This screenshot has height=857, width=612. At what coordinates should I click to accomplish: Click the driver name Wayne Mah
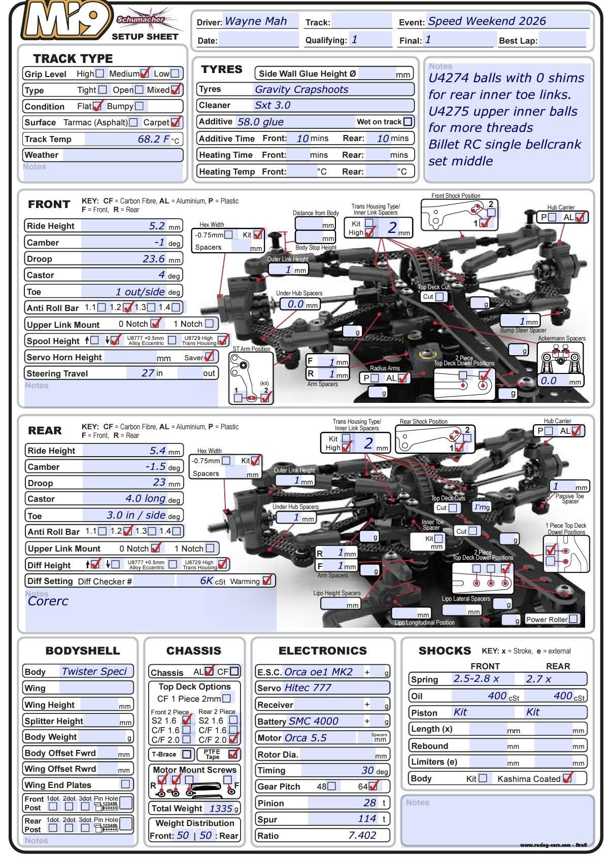tap(256, 21)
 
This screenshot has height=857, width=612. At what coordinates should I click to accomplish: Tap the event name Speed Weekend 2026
tap(487, 21)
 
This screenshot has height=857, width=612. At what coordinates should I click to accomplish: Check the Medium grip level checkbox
tap(145, 74)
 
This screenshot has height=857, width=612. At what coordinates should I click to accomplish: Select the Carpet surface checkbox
tap(176, 122)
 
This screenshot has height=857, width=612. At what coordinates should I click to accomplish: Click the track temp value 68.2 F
tap(154, 139)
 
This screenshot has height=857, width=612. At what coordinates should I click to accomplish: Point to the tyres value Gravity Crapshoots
tap(301, 89)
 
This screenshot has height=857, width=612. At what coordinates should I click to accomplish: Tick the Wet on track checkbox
tap(407, 122)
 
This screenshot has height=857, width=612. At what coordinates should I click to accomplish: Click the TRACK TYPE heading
tap(73, 58)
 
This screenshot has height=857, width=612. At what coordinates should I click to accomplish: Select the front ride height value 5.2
tap(157, 226)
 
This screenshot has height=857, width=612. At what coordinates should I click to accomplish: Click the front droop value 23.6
tap(154, 259)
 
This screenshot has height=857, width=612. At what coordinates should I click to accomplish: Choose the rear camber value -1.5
tap(155, 466)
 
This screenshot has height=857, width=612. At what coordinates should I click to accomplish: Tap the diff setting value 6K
tap(207, 580)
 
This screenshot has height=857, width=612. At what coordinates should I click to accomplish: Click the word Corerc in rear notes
tap(48, 601)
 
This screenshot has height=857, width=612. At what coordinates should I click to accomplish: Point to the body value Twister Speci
tap(94, 671)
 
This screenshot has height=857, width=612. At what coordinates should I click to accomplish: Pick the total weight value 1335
tap(221, 808)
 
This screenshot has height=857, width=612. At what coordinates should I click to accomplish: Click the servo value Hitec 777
tap(308, 688)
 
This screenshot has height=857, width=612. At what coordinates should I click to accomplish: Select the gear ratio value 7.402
tap(362, 835)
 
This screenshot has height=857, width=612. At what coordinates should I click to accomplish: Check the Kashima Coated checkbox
tap(567, 778)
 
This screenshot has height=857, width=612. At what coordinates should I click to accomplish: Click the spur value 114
tap(367, 818)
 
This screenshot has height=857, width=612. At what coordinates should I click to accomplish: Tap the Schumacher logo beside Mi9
tap(141, 20)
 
